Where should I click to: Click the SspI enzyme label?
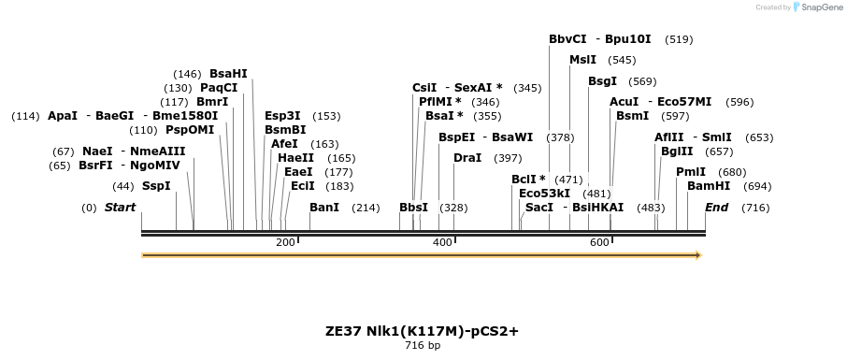tap(156, 185)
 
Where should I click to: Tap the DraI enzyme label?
tap(467, 157)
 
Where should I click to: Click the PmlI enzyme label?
tap(691, 171)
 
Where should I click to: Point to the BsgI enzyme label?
tap(602, 81)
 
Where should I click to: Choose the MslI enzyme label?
tap(582, 60)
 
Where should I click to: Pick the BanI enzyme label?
tap(323, 207)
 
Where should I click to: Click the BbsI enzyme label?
tap(413, 207)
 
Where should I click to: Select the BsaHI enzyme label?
tap(228, 73)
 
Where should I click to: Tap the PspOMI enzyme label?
tap(190, 130)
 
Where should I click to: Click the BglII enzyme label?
tap(677, 151)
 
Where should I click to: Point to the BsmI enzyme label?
tap(632, 115)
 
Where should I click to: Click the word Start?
tap(120, 207)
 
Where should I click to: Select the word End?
tap(716, 207)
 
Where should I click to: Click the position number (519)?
tap(679, 39)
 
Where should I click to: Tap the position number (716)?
tap(754, 207)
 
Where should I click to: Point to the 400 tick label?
tap(442, 242)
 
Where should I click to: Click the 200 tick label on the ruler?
tap(285, 242)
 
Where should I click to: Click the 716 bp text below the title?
tap(423, 345)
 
